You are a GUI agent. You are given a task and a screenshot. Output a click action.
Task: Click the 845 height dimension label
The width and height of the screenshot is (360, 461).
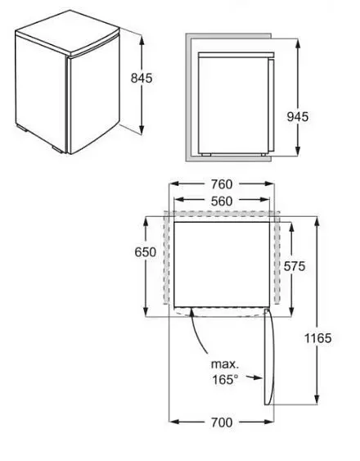point(142,79)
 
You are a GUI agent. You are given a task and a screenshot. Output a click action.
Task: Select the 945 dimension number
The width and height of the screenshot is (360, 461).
point(298,117)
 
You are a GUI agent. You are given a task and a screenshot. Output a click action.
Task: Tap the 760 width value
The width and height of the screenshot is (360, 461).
point(222,184)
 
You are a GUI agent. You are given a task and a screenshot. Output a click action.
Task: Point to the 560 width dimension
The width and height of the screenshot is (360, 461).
point(222,201)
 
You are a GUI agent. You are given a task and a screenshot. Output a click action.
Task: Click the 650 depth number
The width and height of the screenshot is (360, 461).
point(146,252)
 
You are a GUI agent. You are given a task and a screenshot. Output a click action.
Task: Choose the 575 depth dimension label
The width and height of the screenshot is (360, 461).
point(295,266)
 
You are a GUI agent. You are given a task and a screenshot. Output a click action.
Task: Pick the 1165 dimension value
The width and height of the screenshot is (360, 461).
point(318,338)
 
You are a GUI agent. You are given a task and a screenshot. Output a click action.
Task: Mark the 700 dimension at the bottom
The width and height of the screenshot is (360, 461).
point(222,423)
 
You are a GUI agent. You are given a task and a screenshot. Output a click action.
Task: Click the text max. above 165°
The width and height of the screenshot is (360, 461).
point(225,364)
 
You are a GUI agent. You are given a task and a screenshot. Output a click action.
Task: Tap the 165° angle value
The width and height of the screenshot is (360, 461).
point(225,380)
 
